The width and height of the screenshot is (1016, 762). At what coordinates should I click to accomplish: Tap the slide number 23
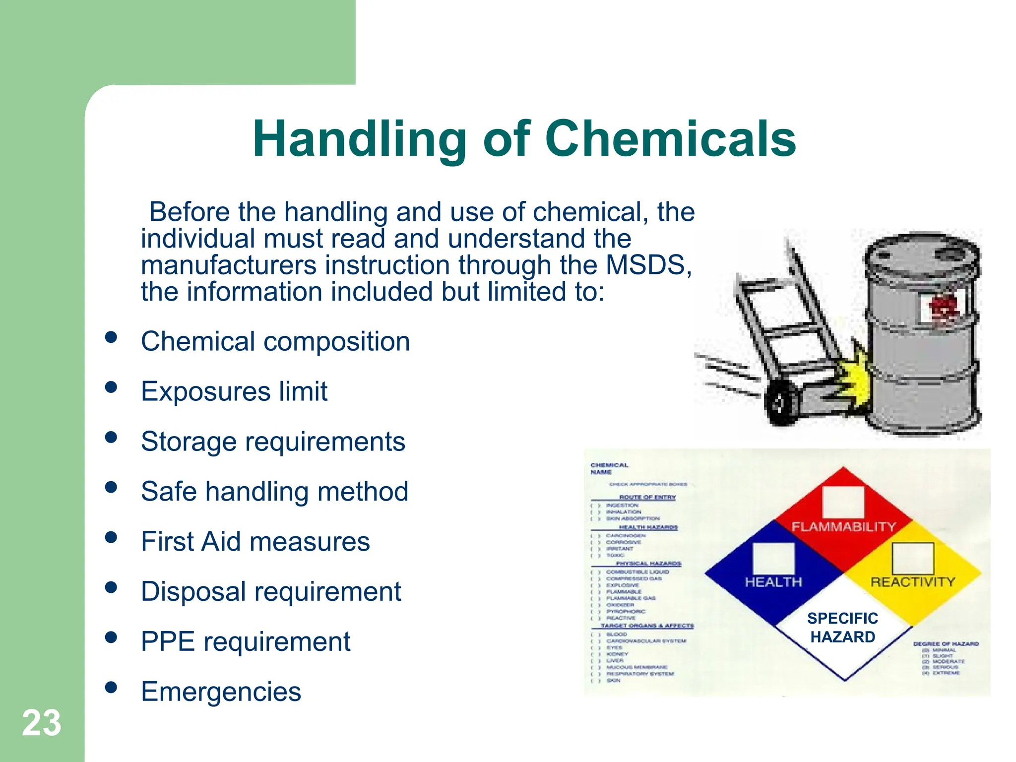coord(42,723)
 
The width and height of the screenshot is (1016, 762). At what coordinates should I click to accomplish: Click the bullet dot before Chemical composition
coord(111,337)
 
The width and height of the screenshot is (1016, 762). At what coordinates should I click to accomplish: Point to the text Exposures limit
coord(234,391)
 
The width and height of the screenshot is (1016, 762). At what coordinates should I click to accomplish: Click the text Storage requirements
coord(273,442)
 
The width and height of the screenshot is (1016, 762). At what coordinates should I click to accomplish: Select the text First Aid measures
coord(255,541)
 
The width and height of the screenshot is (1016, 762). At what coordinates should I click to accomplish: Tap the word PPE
coord(168,641)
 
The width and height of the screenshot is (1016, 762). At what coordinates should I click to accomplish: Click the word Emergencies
coord(221,692)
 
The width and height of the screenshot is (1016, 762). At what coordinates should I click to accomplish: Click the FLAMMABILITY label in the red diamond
coord(843,526)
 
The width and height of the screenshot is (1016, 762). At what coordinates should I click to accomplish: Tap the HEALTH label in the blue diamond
coord(773,582)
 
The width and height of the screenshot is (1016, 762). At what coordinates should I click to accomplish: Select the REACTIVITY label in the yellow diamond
coord(913,582)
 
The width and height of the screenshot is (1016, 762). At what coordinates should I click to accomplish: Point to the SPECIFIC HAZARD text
coord(842,628)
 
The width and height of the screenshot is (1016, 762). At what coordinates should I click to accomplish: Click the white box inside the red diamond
coord(843,502)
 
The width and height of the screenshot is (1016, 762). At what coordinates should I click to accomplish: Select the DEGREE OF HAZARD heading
coord(946,644)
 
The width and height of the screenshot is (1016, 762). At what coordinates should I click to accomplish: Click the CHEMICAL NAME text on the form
coord(609,468)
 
